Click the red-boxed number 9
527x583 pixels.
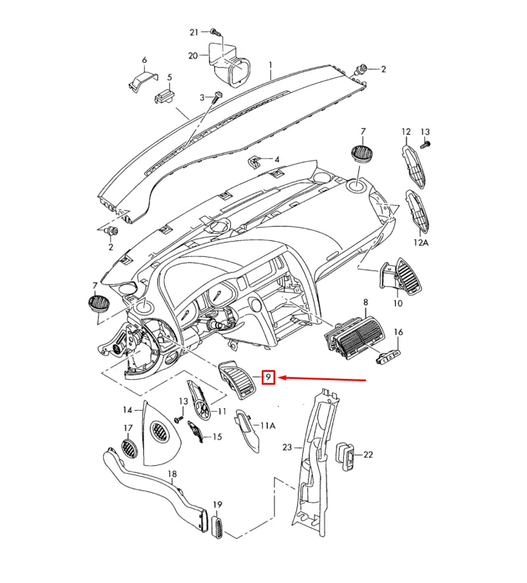[268, 377]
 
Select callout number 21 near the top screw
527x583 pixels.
[194, 31]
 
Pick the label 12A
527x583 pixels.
[421, 242]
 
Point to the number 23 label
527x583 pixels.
[287, 447]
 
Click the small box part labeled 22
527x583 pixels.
[346, 456]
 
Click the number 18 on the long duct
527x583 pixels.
[172, 474]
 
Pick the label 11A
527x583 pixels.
[268, 426]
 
